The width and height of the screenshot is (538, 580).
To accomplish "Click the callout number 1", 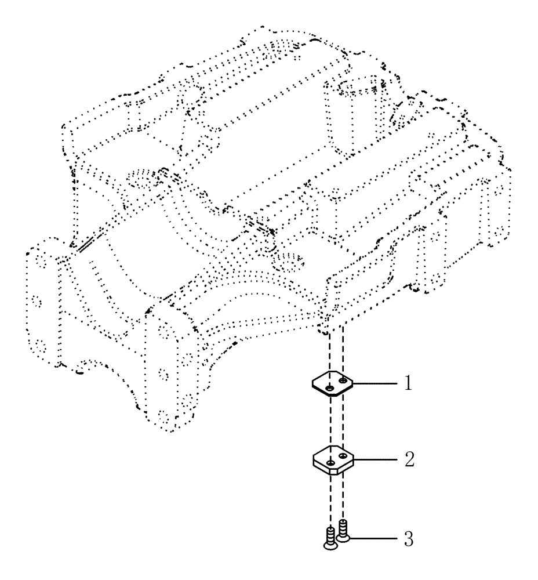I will pyautogui.click(x=408, y=384).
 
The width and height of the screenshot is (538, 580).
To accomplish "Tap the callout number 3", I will pyautogui.click(x=408, y=539).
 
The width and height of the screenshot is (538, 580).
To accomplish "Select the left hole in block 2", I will pyautogui.click(x=329, y=462).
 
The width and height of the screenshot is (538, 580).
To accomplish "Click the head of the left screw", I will pyautogui.click(x=329, y=543).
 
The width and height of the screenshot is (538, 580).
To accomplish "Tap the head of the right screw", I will pyautogui.click(x=344, y=538).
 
